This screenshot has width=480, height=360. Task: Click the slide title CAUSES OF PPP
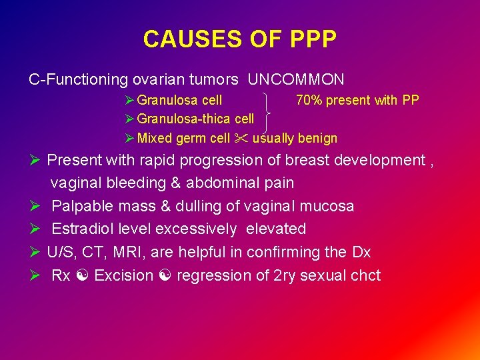click(239, 39)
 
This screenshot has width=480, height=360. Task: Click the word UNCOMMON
click(296, 80)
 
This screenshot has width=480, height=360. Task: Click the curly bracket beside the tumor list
click(270, 112)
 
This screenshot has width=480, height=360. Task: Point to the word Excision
click(123, 276)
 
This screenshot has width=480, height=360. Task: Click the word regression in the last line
click(212, 276)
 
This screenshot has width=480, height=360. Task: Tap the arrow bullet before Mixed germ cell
click(129, 139)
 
